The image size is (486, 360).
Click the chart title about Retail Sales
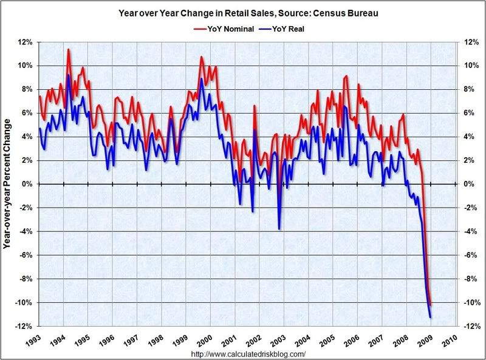pos(242,12)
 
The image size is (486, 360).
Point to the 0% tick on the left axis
pos(26,184)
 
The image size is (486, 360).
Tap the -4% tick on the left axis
pos(25,231)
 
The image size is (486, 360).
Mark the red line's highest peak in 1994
pos(68,49)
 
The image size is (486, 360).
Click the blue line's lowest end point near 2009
pos(430,318)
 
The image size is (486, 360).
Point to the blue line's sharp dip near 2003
pos(279,229)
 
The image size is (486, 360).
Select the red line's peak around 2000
pos(201,57)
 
